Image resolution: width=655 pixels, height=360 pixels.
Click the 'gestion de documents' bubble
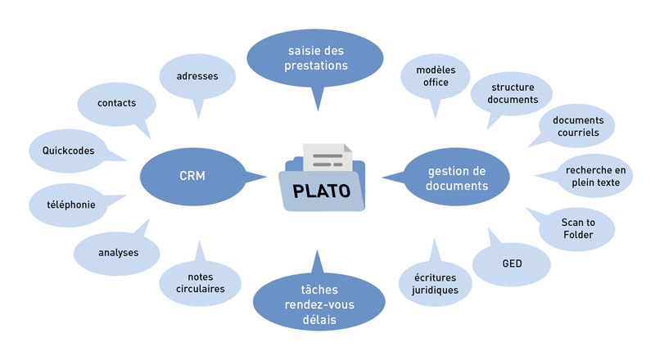457,178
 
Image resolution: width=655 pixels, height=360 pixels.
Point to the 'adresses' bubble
196,77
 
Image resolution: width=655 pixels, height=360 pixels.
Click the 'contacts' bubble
116,104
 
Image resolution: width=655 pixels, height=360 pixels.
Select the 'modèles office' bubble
436,76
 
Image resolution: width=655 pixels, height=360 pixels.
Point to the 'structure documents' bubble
514,93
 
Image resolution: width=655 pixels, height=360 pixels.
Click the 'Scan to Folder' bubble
577,228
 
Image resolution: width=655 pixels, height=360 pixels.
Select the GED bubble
512,263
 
